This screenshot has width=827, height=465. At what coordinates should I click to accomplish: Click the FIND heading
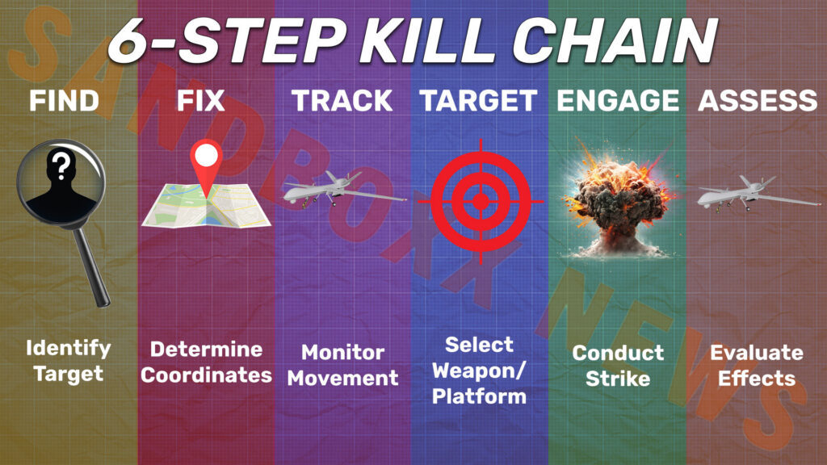[64, 101]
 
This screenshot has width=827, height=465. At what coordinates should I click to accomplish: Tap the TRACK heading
[342, 101]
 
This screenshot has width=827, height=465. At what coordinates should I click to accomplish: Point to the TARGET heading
[477, 101]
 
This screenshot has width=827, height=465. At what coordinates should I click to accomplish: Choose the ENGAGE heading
[618, 101]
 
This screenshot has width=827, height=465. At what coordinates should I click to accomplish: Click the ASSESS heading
[757, 101]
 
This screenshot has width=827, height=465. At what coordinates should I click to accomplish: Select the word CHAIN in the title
[618, 39]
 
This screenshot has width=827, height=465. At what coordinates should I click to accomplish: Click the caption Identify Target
[68, 361]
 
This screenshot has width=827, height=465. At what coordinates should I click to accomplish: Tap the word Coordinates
[211, 375]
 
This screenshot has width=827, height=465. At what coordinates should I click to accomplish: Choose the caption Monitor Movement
[342, 365]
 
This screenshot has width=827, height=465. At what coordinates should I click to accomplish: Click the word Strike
[618, 378]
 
